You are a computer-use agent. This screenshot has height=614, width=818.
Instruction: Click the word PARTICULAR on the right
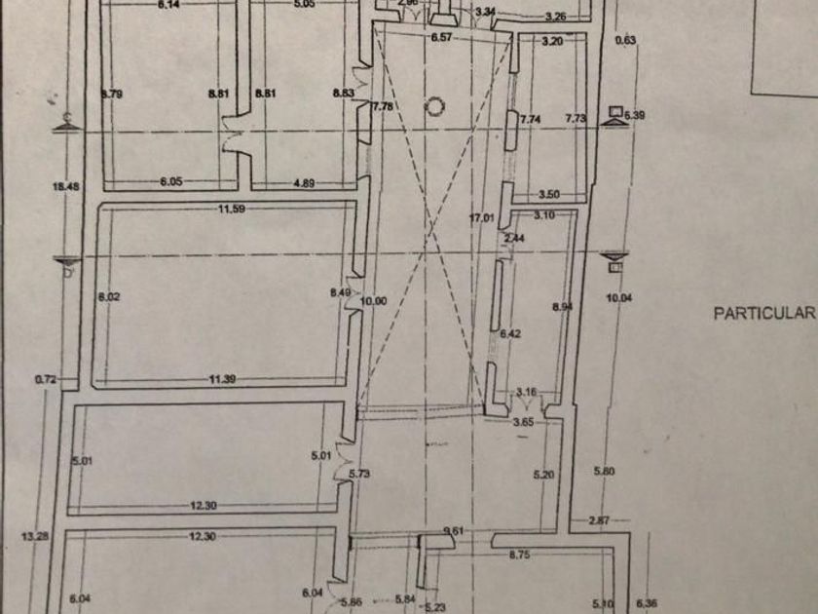pyautogui.click(x=763, y=313)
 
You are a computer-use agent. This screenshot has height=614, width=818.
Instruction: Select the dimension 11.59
pyautogui.click(x=230, y=209)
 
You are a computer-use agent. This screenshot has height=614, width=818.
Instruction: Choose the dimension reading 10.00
pyautogui.click(x=374, y=301)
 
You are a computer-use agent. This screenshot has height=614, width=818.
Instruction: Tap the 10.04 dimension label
pyautogui.click(x=619, y=298)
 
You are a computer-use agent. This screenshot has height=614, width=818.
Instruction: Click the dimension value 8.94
pyautogui.click(x=560, y=307)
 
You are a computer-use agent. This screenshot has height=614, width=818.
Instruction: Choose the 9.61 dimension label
pyautogui.click(x=452, y=530)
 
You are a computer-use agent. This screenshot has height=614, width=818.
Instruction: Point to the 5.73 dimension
pyautogui.click(x=360, y=474)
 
